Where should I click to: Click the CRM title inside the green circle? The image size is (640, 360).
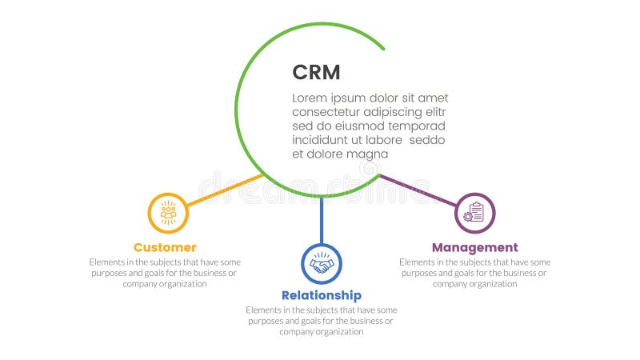click(x=316, y=72)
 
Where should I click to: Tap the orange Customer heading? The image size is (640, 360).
click(x=165, y=247)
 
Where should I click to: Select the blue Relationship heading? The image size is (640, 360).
click(x=321, y=295)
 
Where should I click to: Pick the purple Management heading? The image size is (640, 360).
click(x=474, y=247)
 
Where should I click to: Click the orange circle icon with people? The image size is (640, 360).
click(x=168, y=213)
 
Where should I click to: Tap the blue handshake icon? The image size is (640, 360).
click(x=321, y=264)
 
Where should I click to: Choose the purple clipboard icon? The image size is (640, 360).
click(x=474, y=213)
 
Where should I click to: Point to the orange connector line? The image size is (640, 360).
click(x=225, y=189)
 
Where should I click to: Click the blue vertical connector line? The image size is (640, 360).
click(x=321, y=220)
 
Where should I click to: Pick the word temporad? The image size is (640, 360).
click(x=418, y=126)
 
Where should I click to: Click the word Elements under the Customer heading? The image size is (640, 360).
click(x=106, y=262)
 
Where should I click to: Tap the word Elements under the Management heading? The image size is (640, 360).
click(x=416, y=262)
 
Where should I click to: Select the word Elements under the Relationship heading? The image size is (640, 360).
click(x=262, y=310)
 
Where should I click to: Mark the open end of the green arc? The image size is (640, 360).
click(x=383, y=48)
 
